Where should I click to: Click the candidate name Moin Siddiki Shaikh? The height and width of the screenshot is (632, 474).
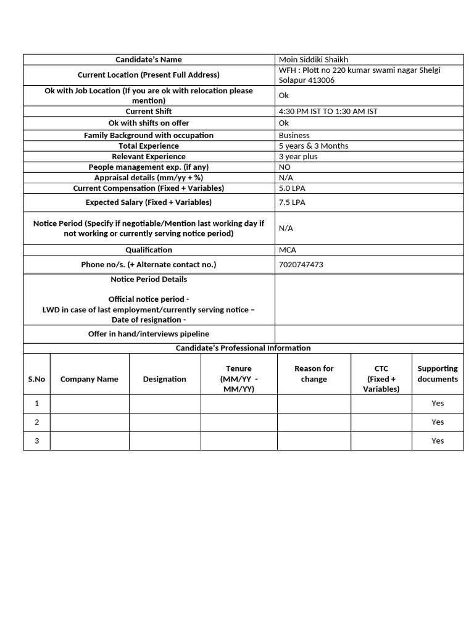(314, 60)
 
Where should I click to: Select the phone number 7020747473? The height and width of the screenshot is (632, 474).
(301, 265)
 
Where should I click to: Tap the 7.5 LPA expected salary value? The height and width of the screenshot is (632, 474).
(292, 202)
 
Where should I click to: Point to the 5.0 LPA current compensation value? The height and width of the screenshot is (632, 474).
(292, 188)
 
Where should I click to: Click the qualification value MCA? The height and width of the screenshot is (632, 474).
(287, 250)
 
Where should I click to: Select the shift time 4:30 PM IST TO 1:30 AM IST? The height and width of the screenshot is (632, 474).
(328, 112)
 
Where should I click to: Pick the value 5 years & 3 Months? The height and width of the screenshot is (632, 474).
(314, 146)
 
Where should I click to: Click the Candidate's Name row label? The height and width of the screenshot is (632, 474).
(149, 60)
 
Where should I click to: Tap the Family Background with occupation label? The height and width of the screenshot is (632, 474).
(149, 135)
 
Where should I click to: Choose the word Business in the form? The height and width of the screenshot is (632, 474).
(294, 135)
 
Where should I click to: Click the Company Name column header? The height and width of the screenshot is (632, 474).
(89, 380)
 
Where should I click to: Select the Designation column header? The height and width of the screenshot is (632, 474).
(165, 380)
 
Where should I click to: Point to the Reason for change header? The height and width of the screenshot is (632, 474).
(314, 374)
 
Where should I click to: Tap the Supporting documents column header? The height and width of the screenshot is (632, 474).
(438, 374)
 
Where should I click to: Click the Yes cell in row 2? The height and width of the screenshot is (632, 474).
(438, 422)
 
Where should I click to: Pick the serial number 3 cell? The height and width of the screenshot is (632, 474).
(37, 441)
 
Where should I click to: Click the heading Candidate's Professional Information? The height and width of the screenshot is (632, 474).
(243, 348)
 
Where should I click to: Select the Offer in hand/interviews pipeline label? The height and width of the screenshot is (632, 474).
(149, 334)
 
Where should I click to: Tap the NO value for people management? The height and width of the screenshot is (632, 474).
(285, 167)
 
